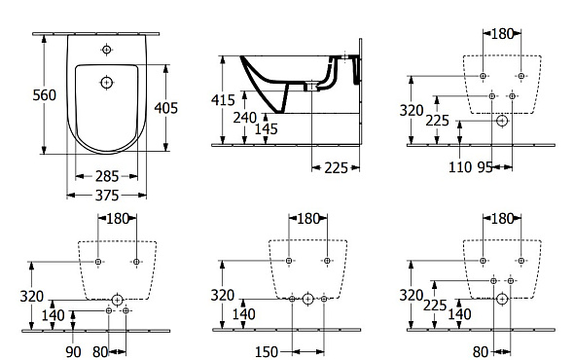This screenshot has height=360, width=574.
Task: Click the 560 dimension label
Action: pyautogui.click(x=45, y=95)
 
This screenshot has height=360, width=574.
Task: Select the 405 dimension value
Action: pyautogui.click(x=165, y=108)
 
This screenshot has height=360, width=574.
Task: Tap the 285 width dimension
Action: pyautogui.click(x=107, y=176)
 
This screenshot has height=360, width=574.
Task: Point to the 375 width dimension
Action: pyautogui.click(x=107, y=196)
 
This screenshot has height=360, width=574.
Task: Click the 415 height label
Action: pyautogui.click(x=223, y=100)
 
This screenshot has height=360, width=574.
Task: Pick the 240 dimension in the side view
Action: pyautogui.click(x=245, y=118)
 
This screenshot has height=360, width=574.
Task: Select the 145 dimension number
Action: pyautogui.click(x=267, y=128)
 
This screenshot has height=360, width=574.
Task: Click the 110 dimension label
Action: pyautogui.click(x=460, y=167)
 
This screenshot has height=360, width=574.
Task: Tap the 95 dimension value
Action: pyautogui.click(x=485, y=167)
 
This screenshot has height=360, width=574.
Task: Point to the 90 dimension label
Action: pyautogui.click(x=73, y=352)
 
